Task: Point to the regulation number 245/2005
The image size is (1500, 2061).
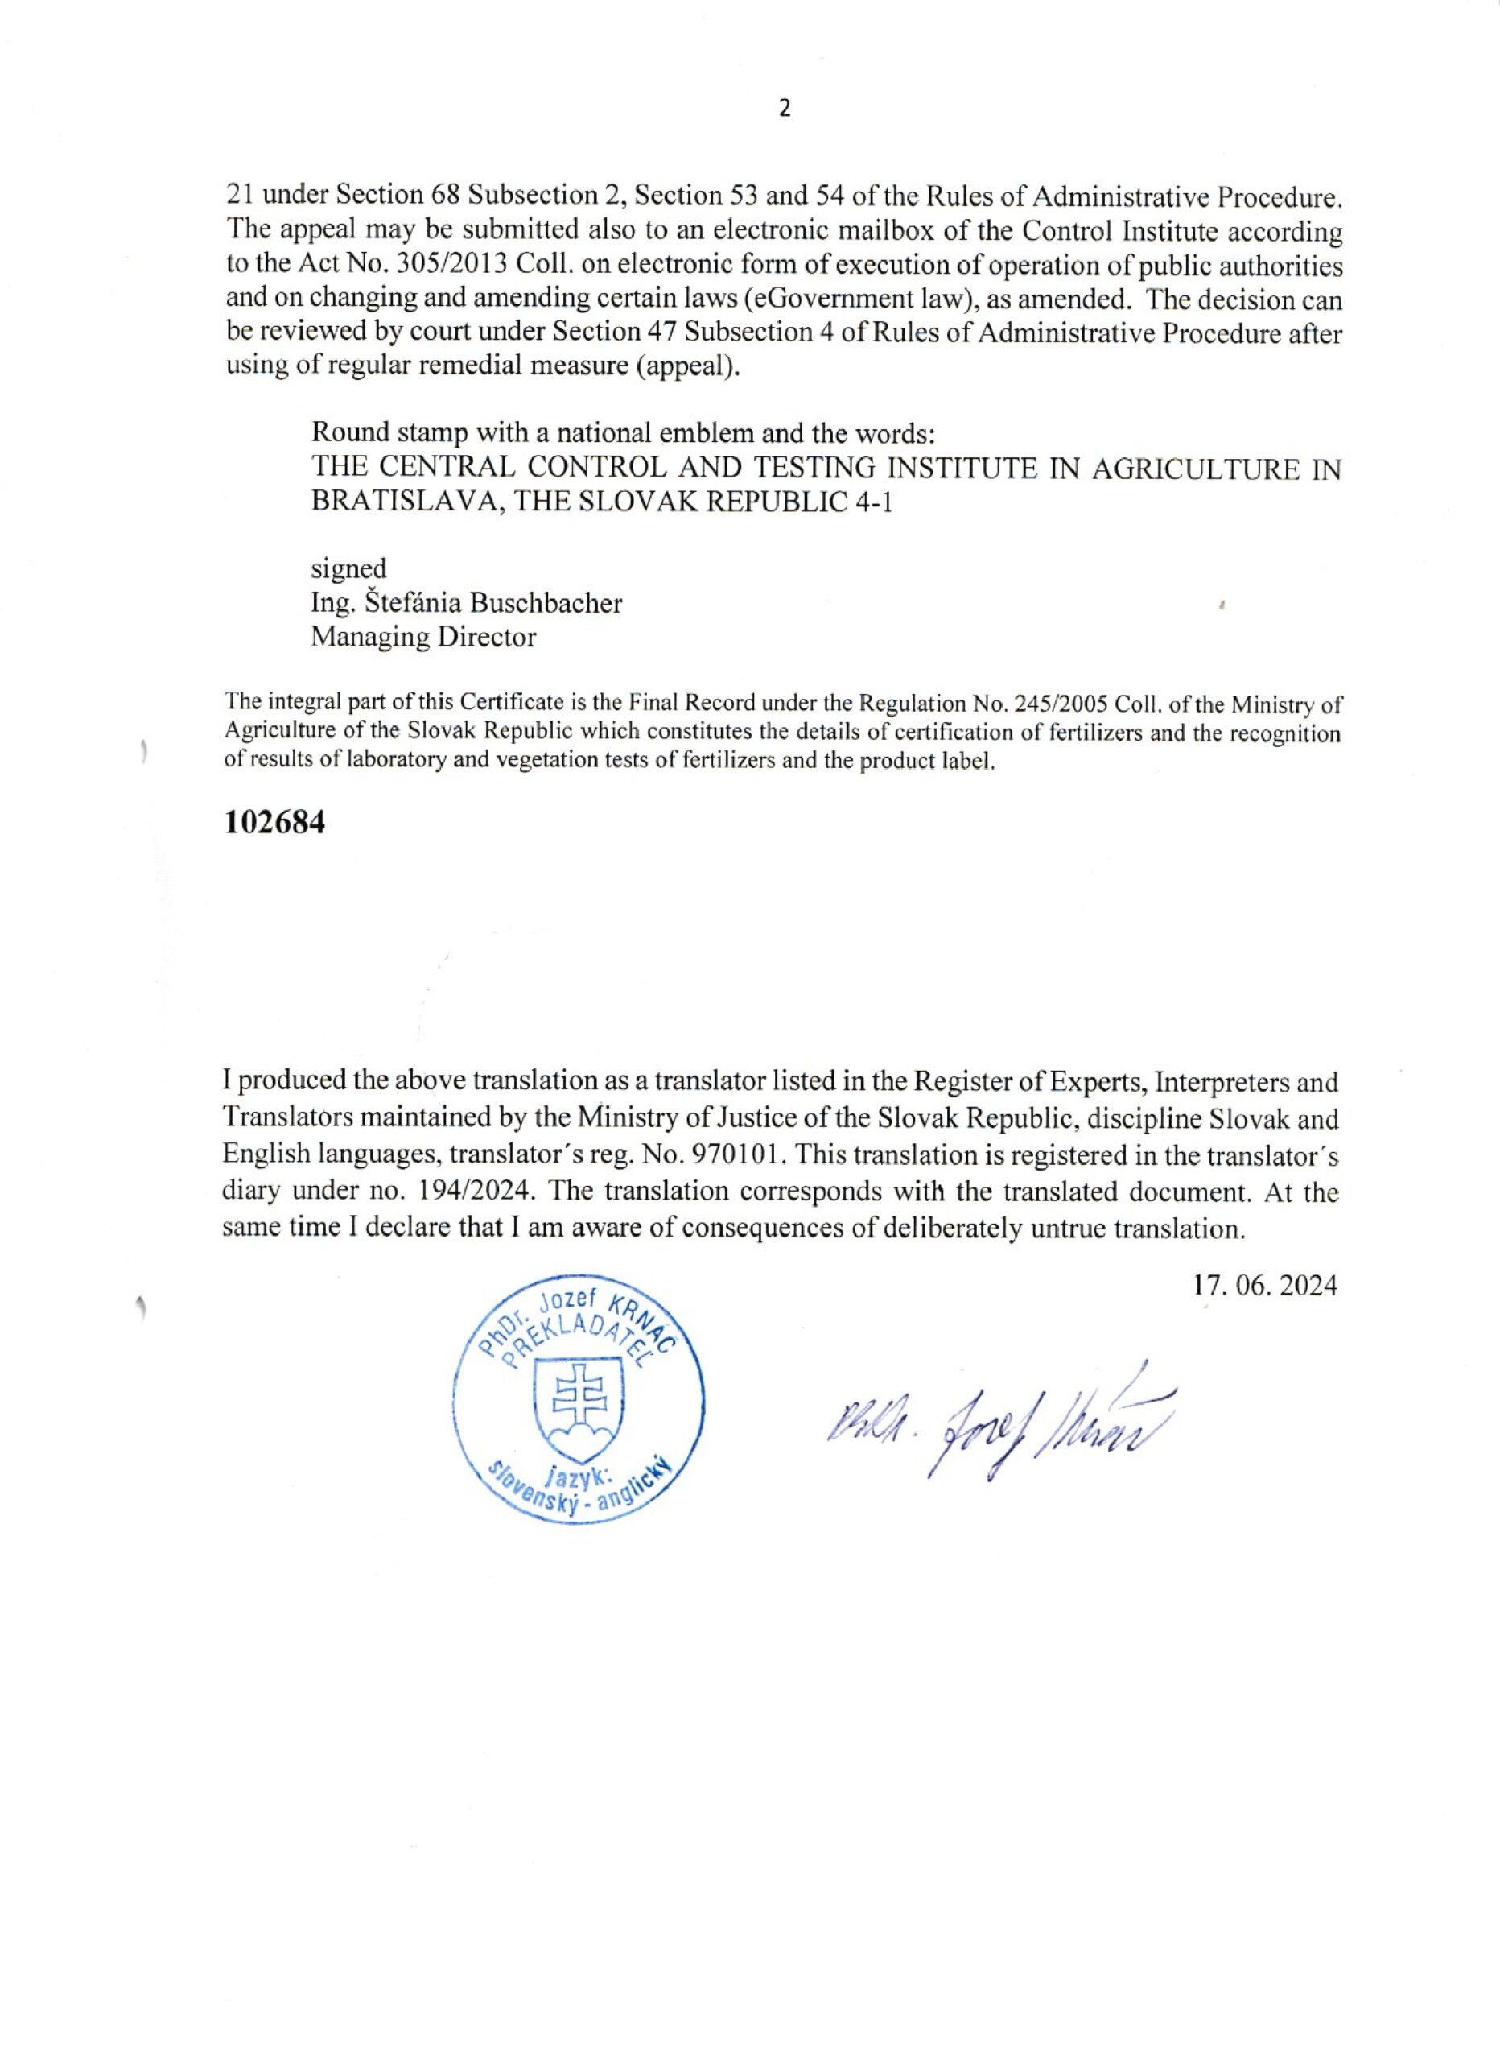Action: [1061, 704]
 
